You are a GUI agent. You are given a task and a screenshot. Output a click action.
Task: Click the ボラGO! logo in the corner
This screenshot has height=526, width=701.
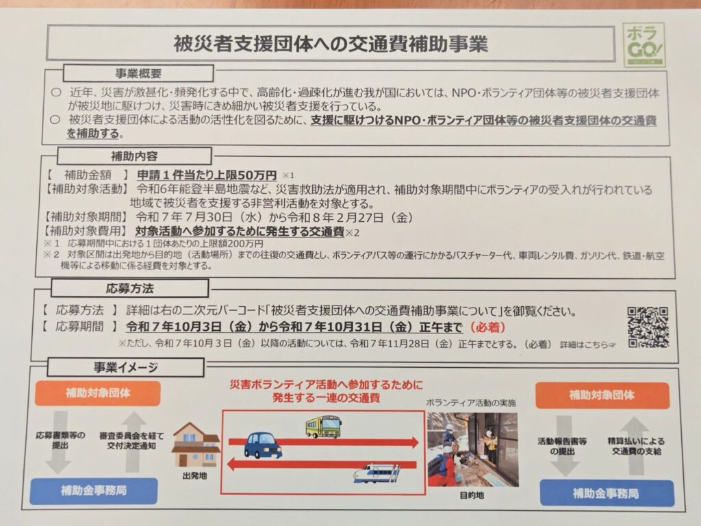643,45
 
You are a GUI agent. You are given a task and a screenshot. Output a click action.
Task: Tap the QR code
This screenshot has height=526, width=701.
648,327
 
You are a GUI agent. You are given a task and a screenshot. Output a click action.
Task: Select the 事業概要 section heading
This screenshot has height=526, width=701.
138,73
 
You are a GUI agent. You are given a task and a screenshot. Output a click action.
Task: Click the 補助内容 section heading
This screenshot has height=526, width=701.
134,156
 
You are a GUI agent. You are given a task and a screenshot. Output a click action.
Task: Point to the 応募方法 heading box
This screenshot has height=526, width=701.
129,288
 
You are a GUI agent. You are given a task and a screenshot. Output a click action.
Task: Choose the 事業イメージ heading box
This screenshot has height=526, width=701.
126,367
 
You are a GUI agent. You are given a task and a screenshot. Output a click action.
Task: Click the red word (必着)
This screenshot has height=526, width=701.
487,327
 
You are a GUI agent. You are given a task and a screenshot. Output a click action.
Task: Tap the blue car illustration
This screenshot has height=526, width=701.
263,444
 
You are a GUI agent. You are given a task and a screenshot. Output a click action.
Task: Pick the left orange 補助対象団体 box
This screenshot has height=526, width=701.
97,393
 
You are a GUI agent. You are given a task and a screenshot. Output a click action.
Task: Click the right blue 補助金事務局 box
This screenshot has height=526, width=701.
607,493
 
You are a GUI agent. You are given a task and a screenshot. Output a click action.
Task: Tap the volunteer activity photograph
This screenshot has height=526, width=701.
473,449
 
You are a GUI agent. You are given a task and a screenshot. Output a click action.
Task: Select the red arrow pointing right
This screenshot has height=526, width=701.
324,442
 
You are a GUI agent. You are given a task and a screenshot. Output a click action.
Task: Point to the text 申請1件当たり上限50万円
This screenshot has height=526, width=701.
207,175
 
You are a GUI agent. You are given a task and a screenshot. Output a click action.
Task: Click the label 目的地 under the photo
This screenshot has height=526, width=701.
472,495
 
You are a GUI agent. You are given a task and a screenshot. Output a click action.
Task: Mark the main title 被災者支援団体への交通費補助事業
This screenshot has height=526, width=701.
331,43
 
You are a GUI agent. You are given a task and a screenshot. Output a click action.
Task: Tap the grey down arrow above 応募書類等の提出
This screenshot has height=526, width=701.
58,442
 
